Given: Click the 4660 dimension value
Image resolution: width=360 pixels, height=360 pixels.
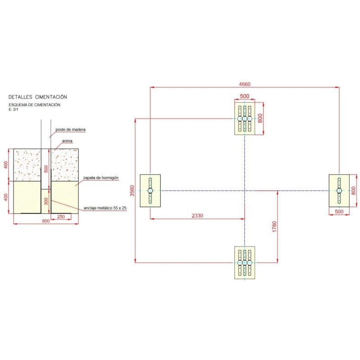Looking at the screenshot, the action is [x=244, y=84].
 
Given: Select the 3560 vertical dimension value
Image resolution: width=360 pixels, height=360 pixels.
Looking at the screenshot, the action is [x=132, y=191].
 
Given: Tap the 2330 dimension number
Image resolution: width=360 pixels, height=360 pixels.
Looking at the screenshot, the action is [x=198, y=216].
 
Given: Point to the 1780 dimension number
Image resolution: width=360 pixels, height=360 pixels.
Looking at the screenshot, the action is [x=274, y=227].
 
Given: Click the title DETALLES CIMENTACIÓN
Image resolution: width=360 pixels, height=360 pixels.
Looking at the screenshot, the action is [x=38, y=97].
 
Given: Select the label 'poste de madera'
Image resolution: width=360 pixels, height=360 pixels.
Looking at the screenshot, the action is [x=71, y=130].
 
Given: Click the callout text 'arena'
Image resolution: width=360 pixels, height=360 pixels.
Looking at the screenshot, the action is [x=67, y=141].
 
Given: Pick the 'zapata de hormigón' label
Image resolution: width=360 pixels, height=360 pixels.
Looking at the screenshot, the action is [x=101, y=178].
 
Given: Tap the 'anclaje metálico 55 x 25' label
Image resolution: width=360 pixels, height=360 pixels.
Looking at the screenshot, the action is [x=105, y=208].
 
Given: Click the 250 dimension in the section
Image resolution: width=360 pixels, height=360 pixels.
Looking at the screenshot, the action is [x=61, y=216].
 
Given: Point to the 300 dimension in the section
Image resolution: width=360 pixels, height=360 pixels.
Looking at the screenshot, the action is [x=46, y=201].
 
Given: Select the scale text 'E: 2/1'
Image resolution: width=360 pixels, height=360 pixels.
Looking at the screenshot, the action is [x=13, y=109].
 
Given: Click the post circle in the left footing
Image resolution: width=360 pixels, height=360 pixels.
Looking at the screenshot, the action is [x=150, y=190].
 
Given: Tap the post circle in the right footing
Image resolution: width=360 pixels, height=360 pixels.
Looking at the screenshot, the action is [x=339, y=190].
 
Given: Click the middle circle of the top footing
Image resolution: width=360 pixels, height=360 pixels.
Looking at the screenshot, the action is [x=244, y=118].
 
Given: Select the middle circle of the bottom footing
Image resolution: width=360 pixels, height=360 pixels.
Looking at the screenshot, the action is [x=244, y=262].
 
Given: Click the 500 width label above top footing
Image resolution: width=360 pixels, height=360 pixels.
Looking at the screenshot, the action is [x=244, y=96].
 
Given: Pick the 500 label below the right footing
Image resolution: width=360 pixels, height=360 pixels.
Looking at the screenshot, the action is [x=339, y=211].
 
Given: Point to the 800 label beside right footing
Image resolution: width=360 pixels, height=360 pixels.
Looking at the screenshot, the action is [x=354, y=190].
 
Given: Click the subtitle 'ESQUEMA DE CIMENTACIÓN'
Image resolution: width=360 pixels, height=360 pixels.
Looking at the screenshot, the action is [x=35, y=105].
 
